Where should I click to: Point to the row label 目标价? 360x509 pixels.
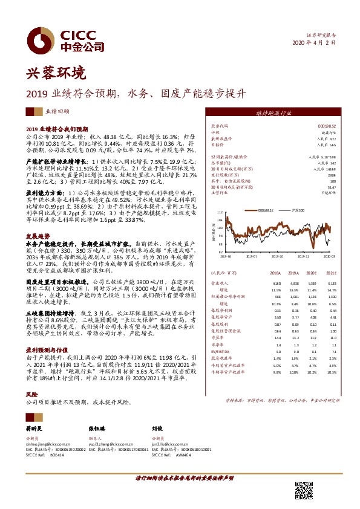[217, 145]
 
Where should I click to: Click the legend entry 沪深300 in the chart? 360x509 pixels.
[296, 210]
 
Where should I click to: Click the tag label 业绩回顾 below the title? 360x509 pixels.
[58, 112]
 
